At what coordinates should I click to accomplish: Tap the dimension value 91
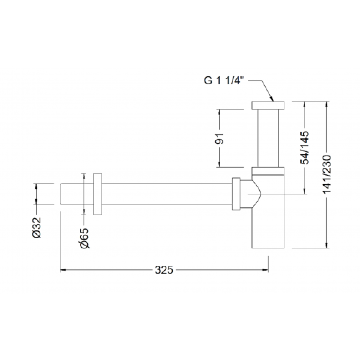[219, 138]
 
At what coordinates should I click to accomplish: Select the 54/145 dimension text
[305, 148]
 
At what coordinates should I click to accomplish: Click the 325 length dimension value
[164, 270]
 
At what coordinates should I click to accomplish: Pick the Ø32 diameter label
[37, 228]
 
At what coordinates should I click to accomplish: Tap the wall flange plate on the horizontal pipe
[98, 194]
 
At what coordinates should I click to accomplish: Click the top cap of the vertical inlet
[268, 105]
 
